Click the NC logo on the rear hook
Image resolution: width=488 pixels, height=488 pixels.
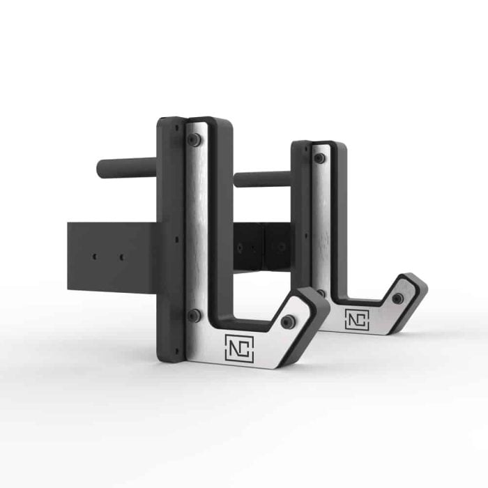[356, 318]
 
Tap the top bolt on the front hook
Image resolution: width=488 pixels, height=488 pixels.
[194, 139]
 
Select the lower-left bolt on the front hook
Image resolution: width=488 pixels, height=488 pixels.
[194, 315]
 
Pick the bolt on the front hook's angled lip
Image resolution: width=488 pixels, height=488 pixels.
[287, 321]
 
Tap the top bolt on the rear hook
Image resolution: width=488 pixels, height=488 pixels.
[319, 158]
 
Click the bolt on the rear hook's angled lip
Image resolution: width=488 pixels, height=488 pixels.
[397, 298]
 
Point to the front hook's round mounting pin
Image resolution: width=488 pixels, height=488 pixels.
[125, 167]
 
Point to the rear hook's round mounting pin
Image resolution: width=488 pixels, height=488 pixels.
[261, 179]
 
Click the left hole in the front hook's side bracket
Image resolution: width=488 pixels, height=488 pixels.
[94, 257]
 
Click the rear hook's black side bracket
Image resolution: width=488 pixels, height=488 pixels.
[265, 247]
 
